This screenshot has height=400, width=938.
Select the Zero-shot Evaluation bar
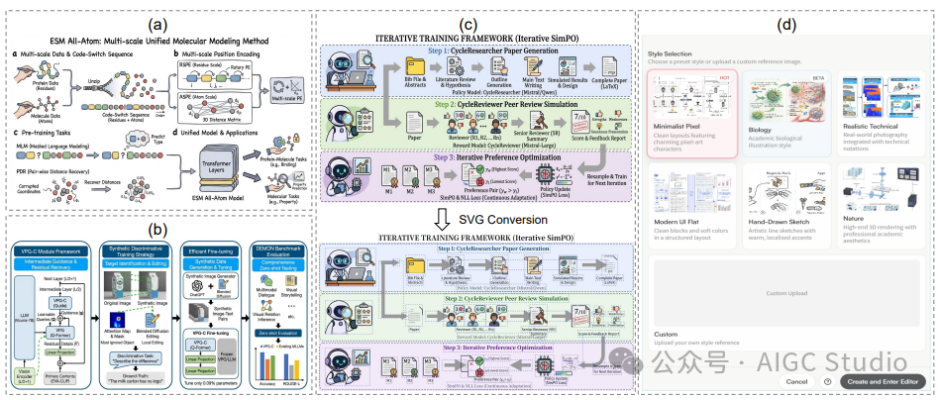(278, 334)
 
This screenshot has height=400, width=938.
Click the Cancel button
(796, 380)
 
